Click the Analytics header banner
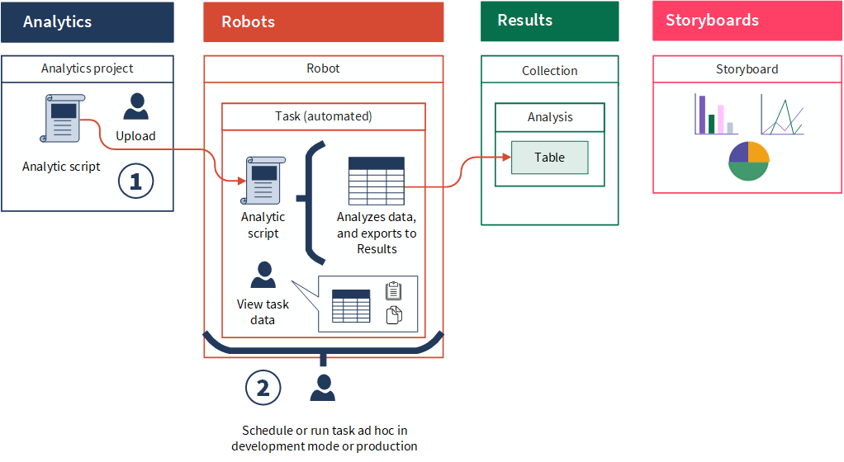click(x=88, y=22)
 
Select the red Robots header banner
click(x=324, y=22)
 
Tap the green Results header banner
click(x=549, y=21)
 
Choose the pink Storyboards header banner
click(x=747, y=21)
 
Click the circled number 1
click(x=135, y=181)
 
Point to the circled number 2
click(x=263, y=388)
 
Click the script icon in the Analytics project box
click(x=63, y=118)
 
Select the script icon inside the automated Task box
click(x=263, y=180)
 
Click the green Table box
click(x=549, y=158)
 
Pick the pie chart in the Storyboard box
click(x=749, y=161)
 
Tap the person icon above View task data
click(x=263, y=275)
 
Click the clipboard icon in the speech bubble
click(x=393, y=290)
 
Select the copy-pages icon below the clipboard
click(x=394, y=314)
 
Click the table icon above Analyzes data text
click(x=377, y=181)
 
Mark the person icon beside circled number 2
click(x=323, y=388)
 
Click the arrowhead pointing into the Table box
click(x=506, y=157)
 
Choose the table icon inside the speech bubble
click(x=351, y=305)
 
